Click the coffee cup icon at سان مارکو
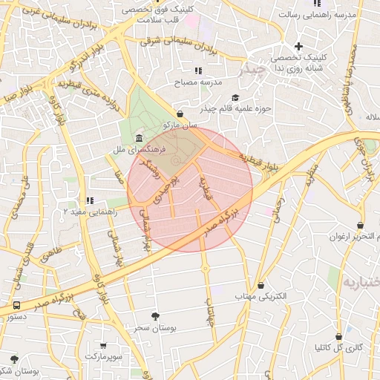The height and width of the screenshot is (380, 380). [180, 113]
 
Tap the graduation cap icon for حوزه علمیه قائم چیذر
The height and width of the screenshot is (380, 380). [235, 98]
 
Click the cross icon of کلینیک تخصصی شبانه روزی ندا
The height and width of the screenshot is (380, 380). [299, 47]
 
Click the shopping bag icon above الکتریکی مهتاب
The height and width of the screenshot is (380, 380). [261, 286]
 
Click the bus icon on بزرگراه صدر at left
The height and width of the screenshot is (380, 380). [16, 305]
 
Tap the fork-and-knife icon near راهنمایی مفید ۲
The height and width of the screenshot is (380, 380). [90, 200]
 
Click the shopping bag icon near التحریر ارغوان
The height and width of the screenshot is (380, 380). [360, 225]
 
